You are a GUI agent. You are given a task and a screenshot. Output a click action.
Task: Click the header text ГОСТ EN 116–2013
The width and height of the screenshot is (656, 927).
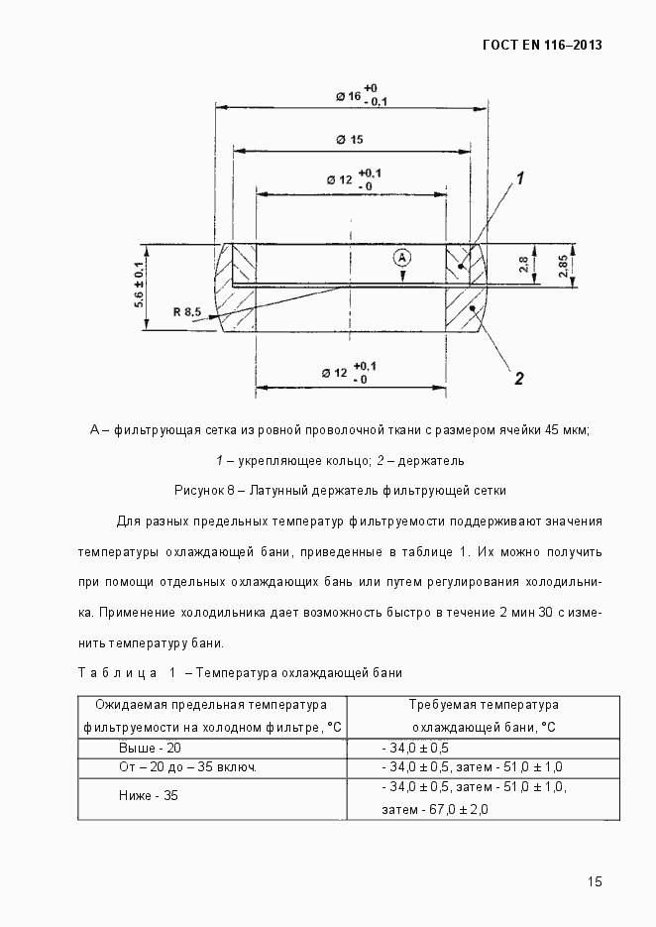tap(542, 45)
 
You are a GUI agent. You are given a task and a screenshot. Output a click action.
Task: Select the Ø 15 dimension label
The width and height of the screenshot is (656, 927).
tap(349, 140)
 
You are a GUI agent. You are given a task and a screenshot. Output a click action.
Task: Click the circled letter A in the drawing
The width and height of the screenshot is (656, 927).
tap(401, 257)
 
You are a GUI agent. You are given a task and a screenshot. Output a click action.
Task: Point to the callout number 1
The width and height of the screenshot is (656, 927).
tap(518, 179)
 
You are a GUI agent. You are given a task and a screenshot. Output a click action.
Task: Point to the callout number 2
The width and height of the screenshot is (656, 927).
tap(517, 378)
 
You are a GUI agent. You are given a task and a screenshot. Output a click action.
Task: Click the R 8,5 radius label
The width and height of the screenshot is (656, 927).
tap(186, 312)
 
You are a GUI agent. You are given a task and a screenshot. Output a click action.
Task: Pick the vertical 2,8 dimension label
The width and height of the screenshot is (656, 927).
tap(523, 264)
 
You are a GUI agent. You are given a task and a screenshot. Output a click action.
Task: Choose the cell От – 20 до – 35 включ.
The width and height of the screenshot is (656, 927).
tap(188, 767)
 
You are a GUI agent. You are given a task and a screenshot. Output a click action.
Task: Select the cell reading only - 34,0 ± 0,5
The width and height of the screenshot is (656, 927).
tap(414, 748)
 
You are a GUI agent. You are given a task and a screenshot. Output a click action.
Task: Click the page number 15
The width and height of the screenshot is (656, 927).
tap(595, 881)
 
